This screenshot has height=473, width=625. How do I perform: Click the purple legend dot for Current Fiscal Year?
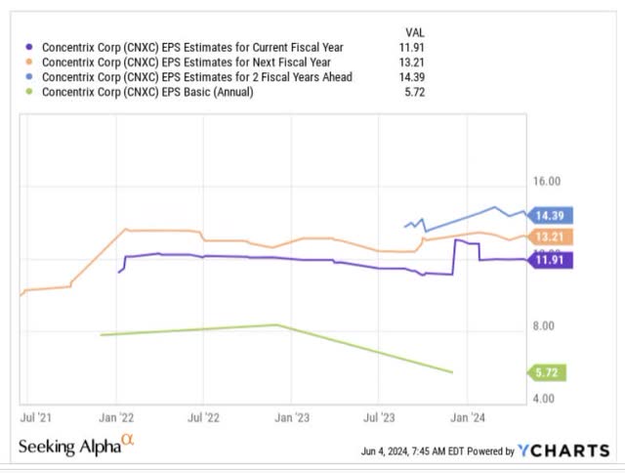[x=30, y=45]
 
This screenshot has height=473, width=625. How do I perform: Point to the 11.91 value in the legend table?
[x=414, y=45]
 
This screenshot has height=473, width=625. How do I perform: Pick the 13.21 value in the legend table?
[x=414, y=61]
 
